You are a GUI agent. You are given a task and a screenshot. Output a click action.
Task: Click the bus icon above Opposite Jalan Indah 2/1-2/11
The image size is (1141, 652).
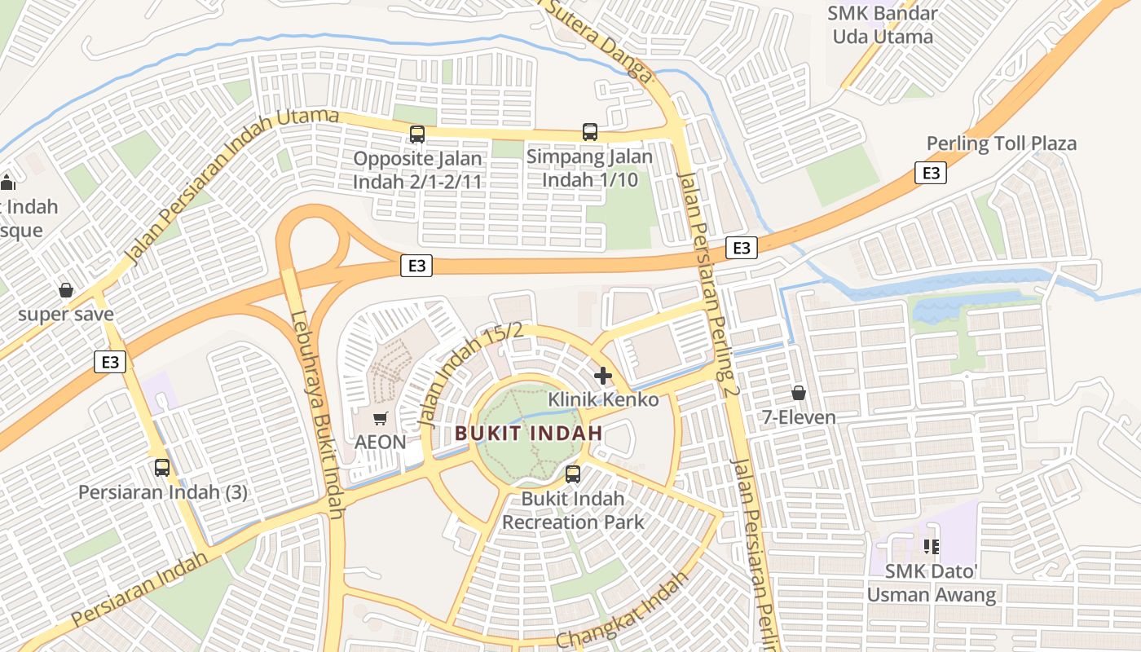(417, 134)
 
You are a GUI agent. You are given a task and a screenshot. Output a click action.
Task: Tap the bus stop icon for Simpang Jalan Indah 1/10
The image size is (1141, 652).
(589, 131)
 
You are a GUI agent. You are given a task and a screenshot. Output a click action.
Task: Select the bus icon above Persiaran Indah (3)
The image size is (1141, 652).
(162, 468)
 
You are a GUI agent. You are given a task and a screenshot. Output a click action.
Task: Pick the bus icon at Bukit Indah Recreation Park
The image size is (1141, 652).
(573, 474)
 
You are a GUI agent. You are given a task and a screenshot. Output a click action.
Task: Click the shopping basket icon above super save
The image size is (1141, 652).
(66, 290)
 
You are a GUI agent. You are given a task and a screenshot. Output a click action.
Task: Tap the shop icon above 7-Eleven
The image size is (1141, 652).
(799, 393)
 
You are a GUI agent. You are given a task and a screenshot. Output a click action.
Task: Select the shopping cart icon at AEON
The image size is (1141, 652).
(380, 418)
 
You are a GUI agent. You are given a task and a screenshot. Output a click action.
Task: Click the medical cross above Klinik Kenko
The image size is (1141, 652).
(603, 376)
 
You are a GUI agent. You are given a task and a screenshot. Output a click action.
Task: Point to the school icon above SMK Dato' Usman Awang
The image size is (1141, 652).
(931, 546)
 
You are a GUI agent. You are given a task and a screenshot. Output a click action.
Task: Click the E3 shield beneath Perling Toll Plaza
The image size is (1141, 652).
(931, 173)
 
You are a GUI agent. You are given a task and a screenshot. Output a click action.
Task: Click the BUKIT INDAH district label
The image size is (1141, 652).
(528, 433)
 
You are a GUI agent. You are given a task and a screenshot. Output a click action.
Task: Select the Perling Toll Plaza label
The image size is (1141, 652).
(1001, 144)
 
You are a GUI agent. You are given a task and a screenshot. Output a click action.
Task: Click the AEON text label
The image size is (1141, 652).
(380, 442)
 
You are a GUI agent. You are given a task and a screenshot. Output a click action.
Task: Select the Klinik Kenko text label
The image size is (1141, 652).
(603, 399)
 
